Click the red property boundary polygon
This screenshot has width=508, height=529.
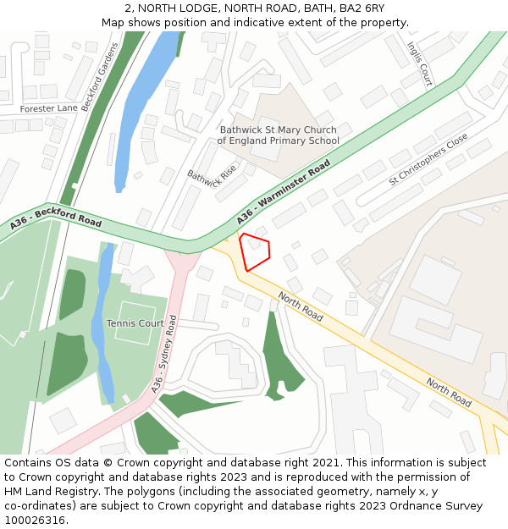(255, 251)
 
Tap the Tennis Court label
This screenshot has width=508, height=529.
(135, 323)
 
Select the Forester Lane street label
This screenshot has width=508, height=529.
(49, 108)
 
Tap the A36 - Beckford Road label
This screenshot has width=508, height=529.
(56, 222)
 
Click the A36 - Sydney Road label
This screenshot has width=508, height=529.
(163, 355)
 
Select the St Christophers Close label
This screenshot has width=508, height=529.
(428, 159)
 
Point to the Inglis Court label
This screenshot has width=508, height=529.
(419, 63)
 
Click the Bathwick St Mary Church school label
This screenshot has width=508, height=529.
(278, 135)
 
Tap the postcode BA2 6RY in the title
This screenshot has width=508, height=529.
(362, 8)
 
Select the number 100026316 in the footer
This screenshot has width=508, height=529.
(34, 521)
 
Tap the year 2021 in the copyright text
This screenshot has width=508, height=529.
(329, 462)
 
